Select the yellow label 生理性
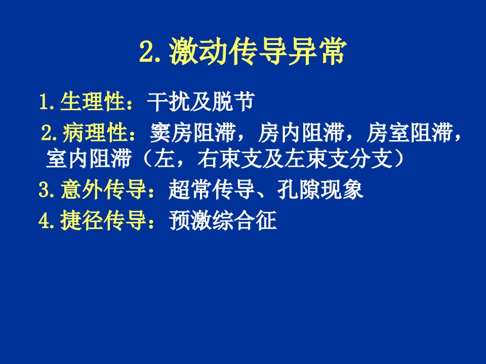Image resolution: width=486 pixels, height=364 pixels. (93, 101)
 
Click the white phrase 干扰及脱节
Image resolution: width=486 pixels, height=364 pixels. (201, 102)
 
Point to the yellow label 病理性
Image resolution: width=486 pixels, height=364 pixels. (95, 133)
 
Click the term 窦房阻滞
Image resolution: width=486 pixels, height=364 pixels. (192, 133)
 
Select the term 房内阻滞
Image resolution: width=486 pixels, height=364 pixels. (301, 133)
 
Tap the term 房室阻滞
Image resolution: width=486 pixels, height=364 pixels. (410, 133)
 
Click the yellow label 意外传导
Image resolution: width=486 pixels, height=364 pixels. (103, 190)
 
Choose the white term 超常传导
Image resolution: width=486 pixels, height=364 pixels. (212, 190)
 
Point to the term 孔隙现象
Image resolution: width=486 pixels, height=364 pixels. (320, 190)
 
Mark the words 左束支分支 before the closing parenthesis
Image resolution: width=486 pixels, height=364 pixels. (337, 159)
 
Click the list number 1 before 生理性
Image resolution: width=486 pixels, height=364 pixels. (45, 102)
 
